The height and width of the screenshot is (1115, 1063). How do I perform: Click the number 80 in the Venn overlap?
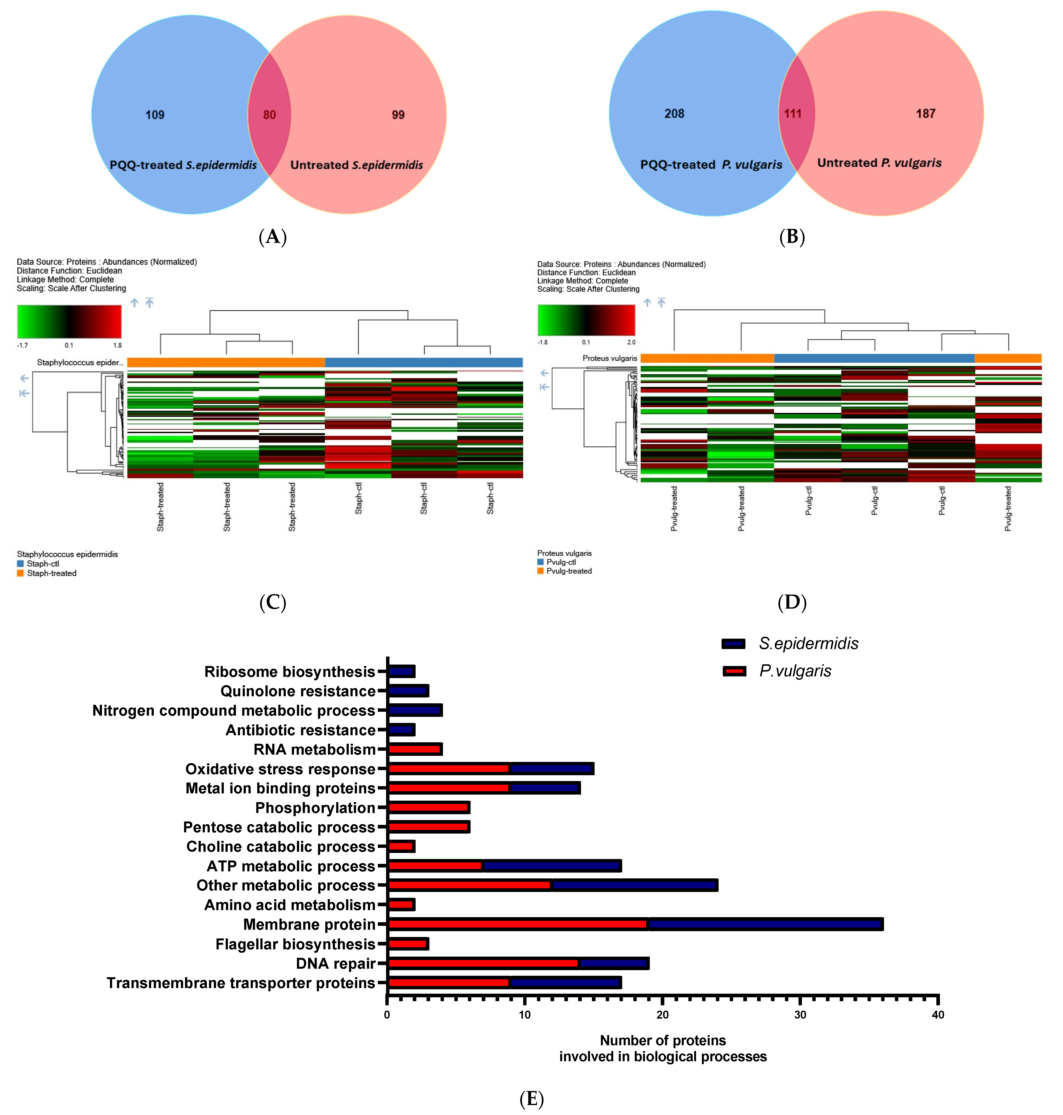point(269,115)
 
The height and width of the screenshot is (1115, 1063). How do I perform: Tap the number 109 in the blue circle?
point(155,115)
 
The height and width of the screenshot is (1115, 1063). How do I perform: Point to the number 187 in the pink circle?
point(925,114)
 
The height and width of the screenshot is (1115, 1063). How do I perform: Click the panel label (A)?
point(272,236)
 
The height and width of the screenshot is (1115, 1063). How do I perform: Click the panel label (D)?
point(791,602)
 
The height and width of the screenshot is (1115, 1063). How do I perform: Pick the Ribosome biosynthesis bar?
point(401,671)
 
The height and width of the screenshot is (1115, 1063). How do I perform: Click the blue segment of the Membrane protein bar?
point(765,924)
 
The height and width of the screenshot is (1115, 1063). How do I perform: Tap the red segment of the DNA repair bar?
point(483,963)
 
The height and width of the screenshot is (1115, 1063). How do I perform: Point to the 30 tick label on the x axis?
point(800,1015)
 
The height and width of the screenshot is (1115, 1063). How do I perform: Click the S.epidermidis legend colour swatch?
point(733,644)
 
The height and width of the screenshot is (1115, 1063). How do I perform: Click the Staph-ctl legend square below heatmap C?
point(20,564)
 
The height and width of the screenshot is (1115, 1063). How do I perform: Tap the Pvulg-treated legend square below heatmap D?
point(541,571)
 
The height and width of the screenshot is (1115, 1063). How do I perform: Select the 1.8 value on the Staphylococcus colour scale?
point(117,345)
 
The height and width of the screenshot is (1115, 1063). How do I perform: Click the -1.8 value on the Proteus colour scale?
point(542,342)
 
